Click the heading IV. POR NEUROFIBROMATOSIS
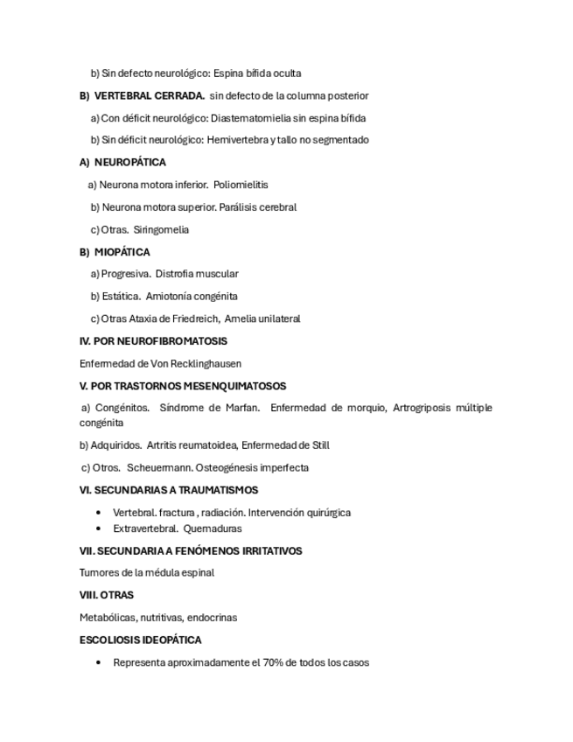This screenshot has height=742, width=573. click(153, 341)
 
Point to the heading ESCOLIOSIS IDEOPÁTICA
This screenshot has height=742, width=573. click(141, 640)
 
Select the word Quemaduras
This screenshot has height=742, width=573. click(213, 528)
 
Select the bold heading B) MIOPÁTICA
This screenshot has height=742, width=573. click(115, 252)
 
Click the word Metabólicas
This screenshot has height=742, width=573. click(108, 617)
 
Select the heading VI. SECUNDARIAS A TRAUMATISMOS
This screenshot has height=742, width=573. click(169, 490)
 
